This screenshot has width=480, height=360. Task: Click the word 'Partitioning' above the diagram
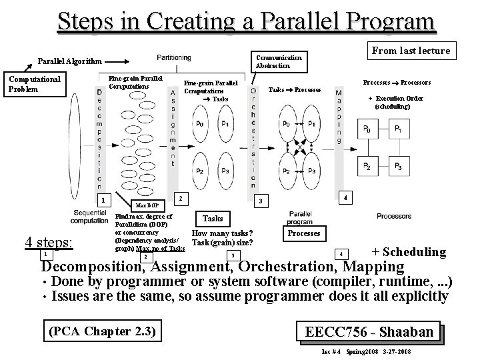pos(173,57)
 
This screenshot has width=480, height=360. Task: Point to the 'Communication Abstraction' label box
pos(279,61)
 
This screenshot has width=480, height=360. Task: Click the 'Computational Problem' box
pos(33,84)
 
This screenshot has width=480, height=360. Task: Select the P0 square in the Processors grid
pos(366,129)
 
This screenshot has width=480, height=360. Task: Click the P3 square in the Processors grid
pos(397,165)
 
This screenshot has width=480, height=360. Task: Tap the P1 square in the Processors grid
pos(397,129)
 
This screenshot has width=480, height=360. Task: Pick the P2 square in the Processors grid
pos(366,165)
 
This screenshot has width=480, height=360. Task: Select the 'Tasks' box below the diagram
pos(213,219)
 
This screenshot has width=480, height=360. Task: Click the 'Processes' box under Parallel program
pos(304,233)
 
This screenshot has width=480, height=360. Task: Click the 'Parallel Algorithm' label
pos(69,61)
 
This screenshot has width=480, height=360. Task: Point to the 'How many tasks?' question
pos(221,233)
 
